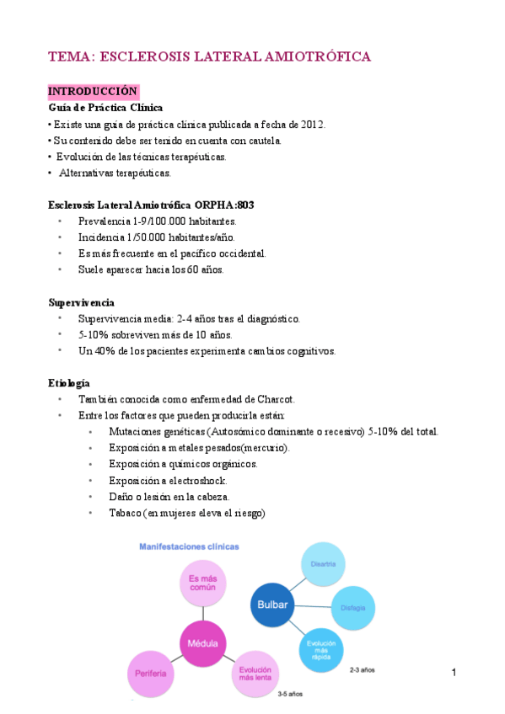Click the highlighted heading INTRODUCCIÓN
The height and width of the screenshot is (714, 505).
93,91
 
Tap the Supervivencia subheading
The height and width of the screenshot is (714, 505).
82,301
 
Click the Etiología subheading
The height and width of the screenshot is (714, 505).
69,382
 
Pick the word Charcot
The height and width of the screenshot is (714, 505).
272,399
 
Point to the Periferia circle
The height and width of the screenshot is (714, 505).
151,674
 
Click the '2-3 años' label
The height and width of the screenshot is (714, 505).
362,669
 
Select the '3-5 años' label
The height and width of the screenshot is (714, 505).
290,694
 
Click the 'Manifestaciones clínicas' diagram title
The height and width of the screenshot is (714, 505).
189,546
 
